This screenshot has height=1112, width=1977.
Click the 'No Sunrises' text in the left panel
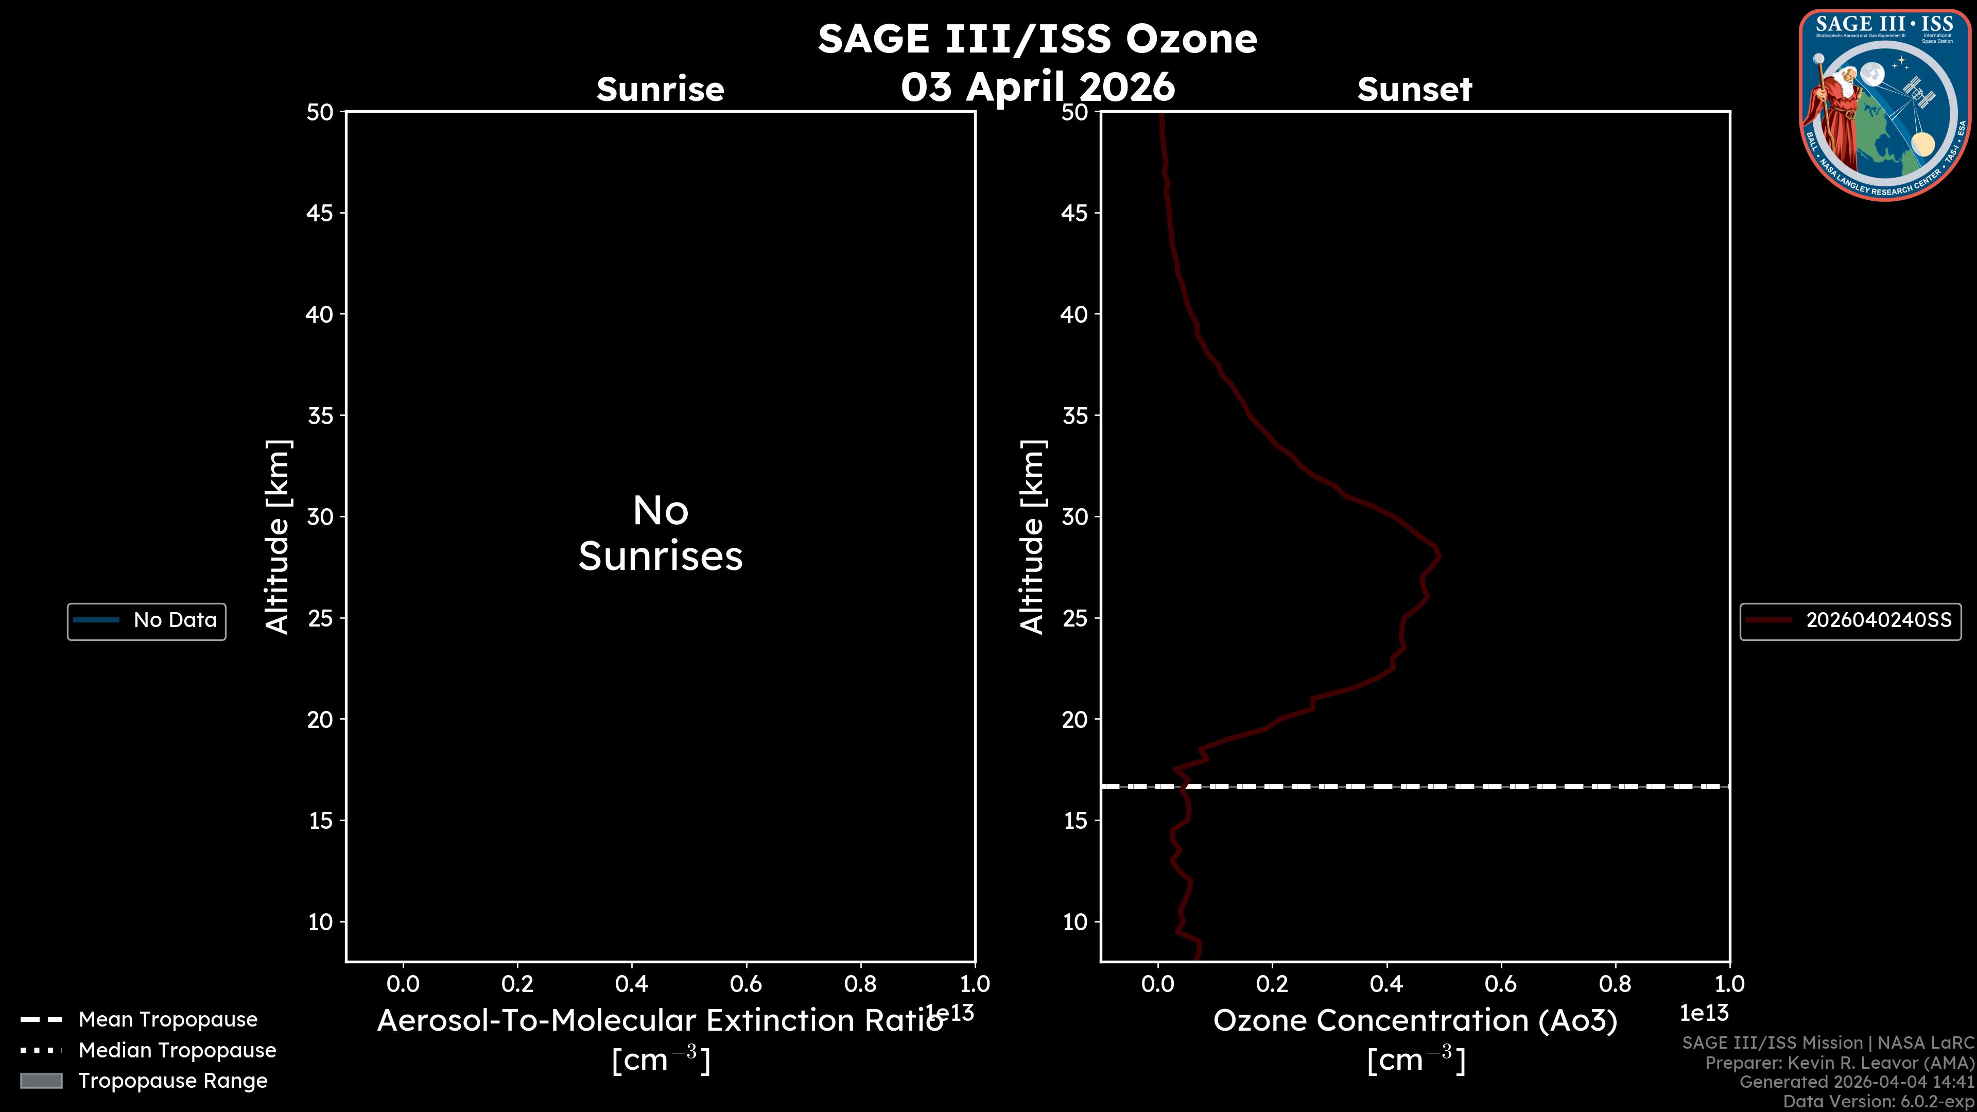click(x=660, y=533)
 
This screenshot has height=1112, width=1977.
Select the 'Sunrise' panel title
click(x=660, y=89)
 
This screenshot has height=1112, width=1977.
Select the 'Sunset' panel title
click(x=1414, y=89)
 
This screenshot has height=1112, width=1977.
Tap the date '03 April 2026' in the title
click(x=1037, y=86)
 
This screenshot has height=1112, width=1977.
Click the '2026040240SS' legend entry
click(x=1878, y=620)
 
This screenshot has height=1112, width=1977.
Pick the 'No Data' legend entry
click(x=175, y=620)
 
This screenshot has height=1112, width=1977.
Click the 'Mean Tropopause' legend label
click(x=168, y=1019)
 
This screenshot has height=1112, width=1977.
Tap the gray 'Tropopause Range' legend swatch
click(x=41, y=1081)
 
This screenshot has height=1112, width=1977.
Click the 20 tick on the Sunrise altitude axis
click(x=320, y=719)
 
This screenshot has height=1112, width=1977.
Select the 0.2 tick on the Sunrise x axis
click(x=517, y=983)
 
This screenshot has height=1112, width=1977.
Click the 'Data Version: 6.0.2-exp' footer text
click(x=1878, y=1101)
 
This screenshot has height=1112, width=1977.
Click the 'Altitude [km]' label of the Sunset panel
click(x=1032, y=537)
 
